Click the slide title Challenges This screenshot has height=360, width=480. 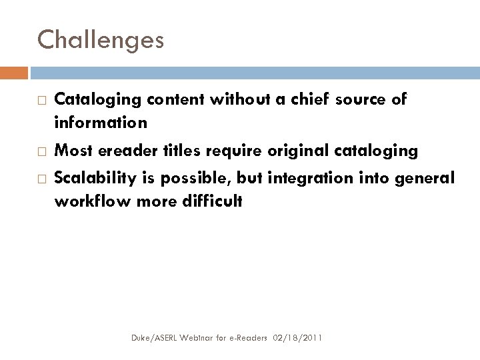click(100, 40)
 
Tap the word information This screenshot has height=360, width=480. click(101, 123)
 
